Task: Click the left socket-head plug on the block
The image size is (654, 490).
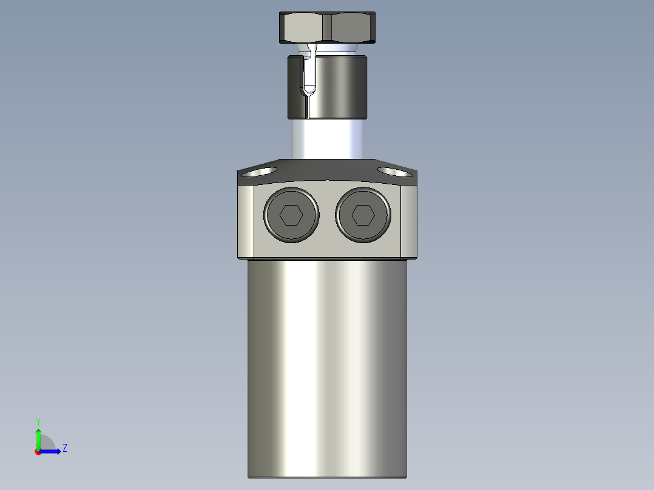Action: [291, 215]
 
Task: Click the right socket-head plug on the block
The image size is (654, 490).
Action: [363, 215]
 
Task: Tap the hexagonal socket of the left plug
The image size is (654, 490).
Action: [291, 215]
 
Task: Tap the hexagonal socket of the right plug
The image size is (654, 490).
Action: [363, 215]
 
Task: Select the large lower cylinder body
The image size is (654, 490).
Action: [327, 370]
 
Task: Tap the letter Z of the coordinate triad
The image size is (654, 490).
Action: [64, 448]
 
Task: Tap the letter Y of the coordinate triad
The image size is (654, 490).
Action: [38, 421]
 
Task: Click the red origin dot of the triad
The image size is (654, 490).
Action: [38, 452]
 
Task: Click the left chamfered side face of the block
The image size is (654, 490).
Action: [246, 221]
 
